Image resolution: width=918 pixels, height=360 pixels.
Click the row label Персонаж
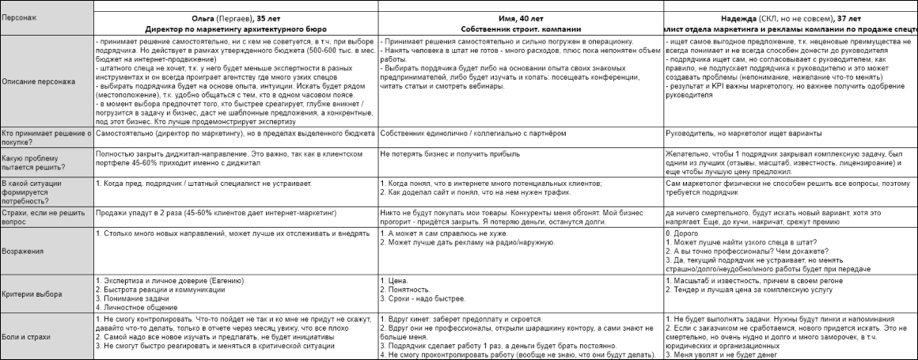pos(19,17)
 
